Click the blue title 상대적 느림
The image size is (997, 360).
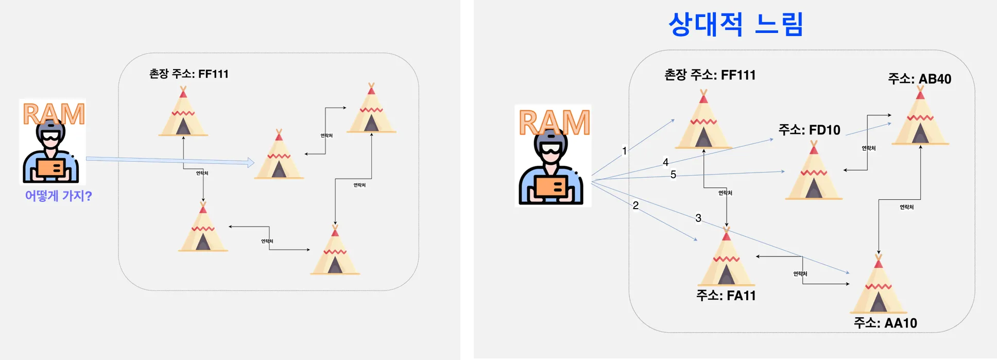735,24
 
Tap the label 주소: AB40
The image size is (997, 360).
919,79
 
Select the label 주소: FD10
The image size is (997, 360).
809,130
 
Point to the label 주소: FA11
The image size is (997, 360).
726,296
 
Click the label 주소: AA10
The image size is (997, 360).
885,323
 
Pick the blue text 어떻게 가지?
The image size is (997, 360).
58,196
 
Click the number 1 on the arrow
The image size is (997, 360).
625,151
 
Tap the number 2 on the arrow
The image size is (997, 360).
635,205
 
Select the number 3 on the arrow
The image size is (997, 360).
698,218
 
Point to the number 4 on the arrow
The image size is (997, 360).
665,162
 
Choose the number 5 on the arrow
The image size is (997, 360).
673,175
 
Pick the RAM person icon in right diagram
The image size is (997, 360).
553,156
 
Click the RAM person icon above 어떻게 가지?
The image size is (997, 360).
53,142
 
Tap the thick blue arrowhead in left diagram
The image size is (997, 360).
251,163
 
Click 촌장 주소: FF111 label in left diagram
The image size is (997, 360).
188,74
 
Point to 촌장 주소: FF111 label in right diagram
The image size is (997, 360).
710,75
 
